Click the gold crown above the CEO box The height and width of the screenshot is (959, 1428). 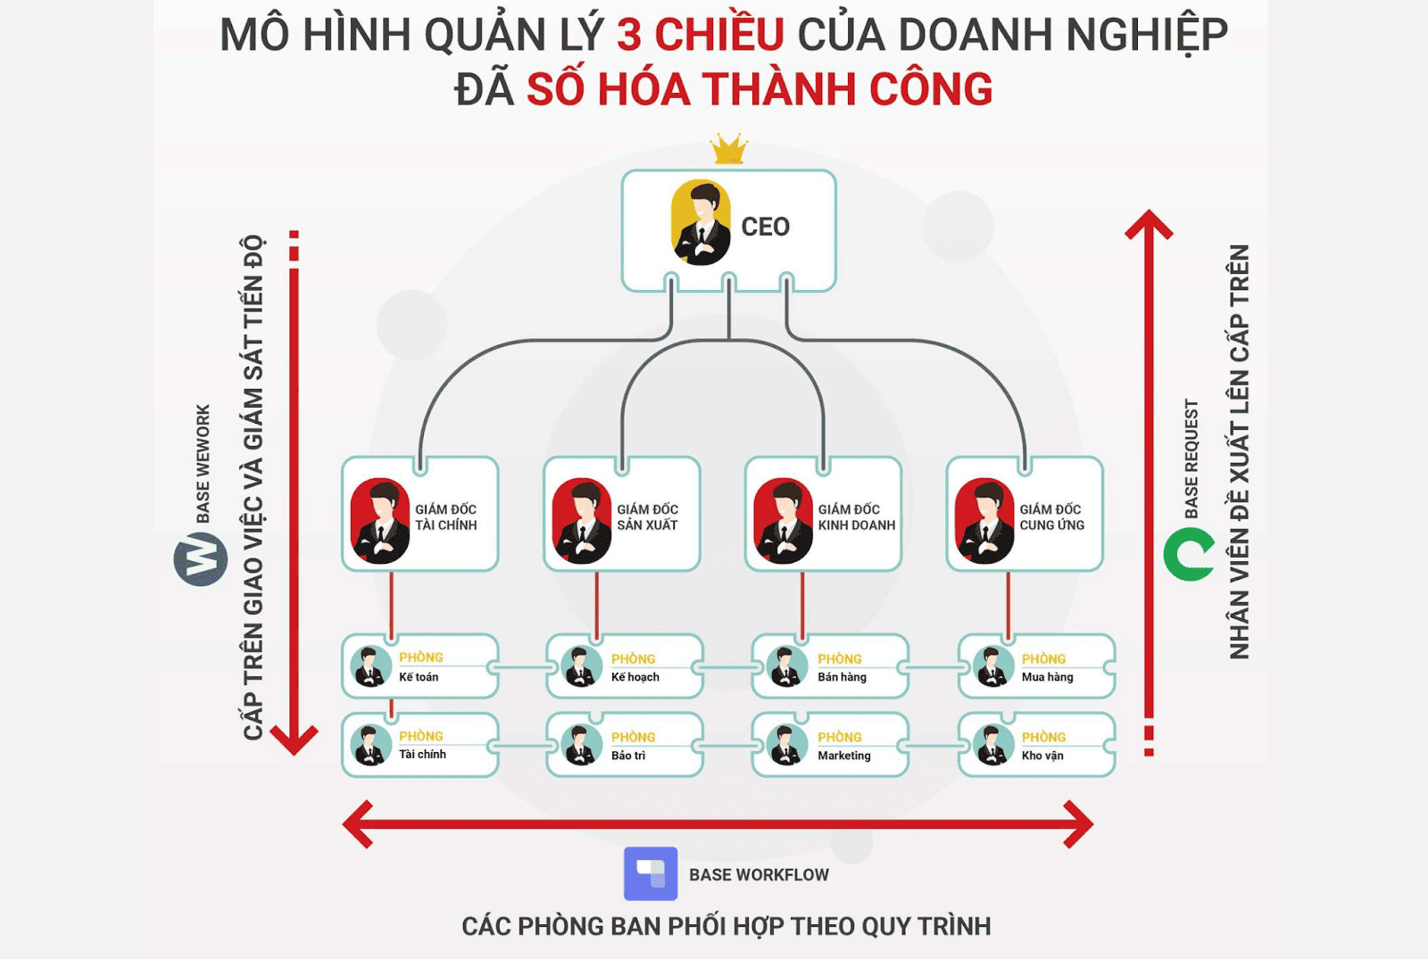pos(729,149)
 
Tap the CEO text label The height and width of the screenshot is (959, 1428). pos(765,227)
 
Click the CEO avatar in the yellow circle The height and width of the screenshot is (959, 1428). pos(701,223)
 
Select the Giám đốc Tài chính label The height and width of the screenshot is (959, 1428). pos(445,517)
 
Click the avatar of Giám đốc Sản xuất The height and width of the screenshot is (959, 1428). pos(581,521)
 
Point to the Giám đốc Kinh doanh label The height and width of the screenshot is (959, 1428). pos(856,517)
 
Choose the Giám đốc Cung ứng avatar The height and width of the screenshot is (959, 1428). pos(984,521)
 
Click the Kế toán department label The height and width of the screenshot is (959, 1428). pos(419,677)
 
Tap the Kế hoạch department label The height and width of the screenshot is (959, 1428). pos(635,677)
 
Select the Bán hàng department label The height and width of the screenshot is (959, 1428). pos(842,677)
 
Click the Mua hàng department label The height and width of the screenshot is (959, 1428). pos(1047,677)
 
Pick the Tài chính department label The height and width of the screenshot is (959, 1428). pos(422,755)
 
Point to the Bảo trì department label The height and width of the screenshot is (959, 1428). pos(627,756)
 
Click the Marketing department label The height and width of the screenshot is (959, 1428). pos(843,756)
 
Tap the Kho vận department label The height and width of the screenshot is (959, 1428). pos(1042,756)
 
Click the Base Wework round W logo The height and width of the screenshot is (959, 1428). pos(201,559)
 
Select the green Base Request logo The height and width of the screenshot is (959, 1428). pos(1189,554)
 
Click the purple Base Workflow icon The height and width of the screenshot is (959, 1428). pos(651,873)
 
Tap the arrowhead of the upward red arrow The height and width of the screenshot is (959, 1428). pos(1149,223)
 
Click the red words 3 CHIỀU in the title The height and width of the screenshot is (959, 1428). pos(700,36)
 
